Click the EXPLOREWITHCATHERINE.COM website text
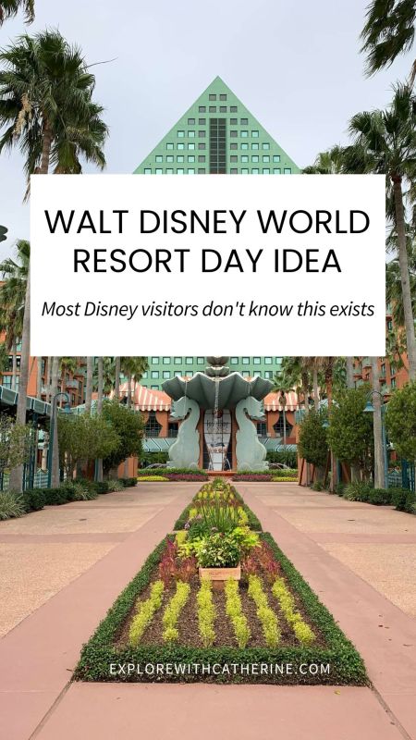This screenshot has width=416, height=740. (220, 669)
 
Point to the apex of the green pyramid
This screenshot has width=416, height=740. (217, 77)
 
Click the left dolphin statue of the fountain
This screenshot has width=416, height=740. (186, 433)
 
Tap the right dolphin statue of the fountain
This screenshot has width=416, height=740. (251, 433)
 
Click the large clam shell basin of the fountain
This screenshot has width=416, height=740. (217, 385)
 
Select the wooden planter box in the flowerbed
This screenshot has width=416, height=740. (220, 573)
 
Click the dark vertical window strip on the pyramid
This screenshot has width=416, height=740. (217, 145)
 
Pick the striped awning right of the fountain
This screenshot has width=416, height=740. (282, 401)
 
